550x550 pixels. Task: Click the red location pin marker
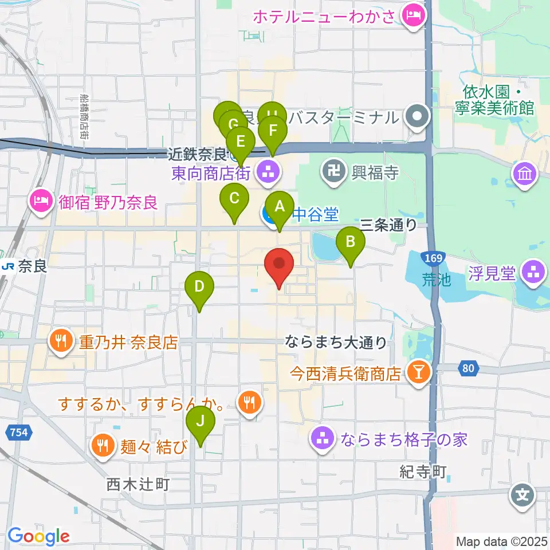(x=280, y=264)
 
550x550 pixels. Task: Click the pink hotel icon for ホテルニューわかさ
(x=412, y=15)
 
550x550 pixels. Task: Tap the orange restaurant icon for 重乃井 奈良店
(x=61, y=341)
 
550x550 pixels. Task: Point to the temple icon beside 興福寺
(x=333, y=170)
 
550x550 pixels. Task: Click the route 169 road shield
(x=434, y=258)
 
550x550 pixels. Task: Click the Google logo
(x=38, y=536)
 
